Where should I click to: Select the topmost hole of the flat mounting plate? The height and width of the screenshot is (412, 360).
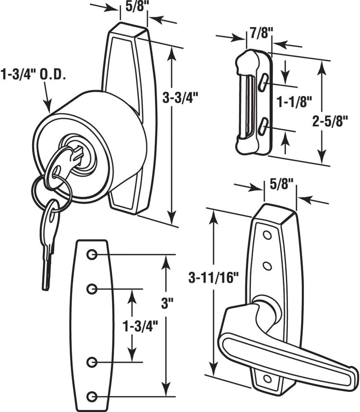pos(92,255)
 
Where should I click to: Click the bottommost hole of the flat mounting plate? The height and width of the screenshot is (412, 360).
pos(92,397)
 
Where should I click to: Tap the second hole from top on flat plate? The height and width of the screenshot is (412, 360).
pos(92,289)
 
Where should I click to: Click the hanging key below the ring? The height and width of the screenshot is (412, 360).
pos(49,243)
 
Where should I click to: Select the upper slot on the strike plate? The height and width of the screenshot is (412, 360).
pos(264,82)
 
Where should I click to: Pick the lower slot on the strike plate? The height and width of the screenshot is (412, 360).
pos(264,125)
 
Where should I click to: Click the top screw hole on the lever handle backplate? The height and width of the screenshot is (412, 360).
pos(267,235)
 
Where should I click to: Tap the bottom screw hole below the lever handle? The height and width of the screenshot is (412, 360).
pos(267,378)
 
